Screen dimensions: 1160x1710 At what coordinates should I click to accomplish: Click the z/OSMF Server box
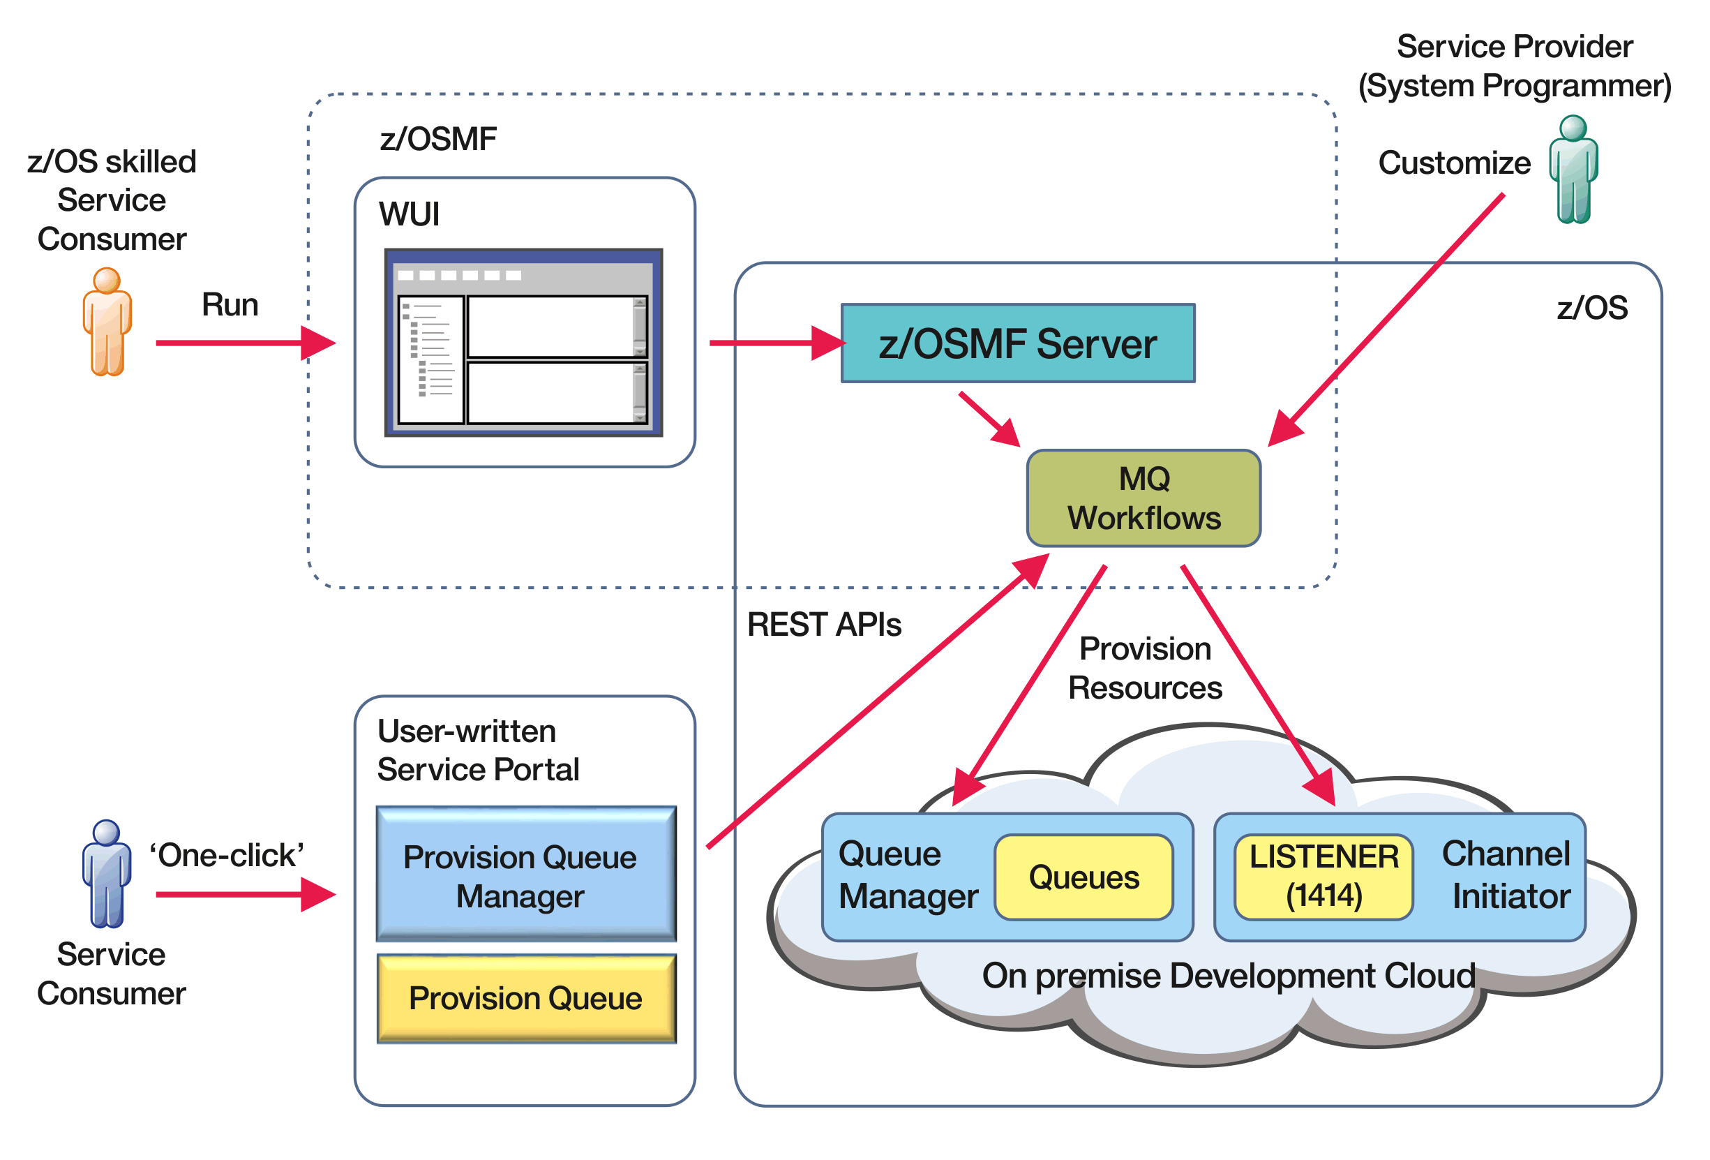(x=1018, y=343)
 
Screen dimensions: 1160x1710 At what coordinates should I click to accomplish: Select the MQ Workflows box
(x=1143, y=498)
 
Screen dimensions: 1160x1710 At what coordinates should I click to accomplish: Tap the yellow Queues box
(x=1083, y=877)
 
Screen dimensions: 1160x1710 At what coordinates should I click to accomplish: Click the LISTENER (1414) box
(x=1323, y=877)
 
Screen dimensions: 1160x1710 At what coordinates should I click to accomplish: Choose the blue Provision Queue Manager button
(x=525, y=874)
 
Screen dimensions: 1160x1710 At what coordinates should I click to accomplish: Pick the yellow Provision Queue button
(x=525, y=998)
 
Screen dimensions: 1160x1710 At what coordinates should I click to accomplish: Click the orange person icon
(x=107, y=322)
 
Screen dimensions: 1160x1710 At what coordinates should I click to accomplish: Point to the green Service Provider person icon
(x=1573, y=170)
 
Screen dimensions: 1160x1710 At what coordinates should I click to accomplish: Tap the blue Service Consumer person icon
(x=107, y=873)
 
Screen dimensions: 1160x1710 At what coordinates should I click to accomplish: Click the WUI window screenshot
(x=523, y=342)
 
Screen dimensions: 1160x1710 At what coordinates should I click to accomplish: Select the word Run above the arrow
(x=230, y=305)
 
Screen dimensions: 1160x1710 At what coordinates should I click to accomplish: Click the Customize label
(x=1454, y=163)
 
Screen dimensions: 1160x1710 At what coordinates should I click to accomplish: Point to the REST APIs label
(x=823, y=624)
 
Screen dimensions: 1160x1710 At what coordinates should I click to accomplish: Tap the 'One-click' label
(x=227, y=855)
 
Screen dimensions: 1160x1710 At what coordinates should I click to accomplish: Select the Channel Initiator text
(x=1506, y=875)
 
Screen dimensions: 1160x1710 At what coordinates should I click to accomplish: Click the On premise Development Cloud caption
(x=1228, y=975)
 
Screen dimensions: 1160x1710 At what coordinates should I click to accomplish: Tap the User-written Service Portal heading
(x=479, y=750)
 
